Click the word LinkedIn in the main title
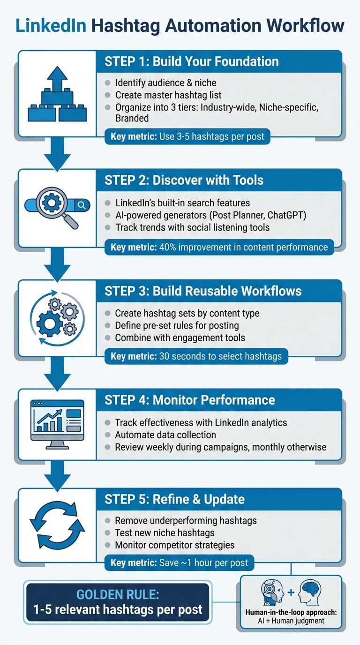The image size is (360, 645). coord(51,25)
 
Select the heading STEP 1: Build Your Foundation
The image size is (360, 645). coord(192,61)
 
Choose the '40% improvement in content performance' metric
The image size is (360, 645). coord(219,247)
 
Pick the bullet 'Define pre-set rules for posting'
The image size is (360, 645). coord(177,325)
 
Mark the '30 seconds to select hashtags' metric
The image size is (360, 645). coord(196,356)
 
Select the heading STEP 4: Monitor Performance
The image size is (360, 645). coord(189,400)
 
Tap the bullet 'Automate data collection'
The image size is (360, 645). coord(165,435)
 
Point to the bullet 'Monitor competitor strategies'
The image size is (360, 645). coord(175,545)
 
